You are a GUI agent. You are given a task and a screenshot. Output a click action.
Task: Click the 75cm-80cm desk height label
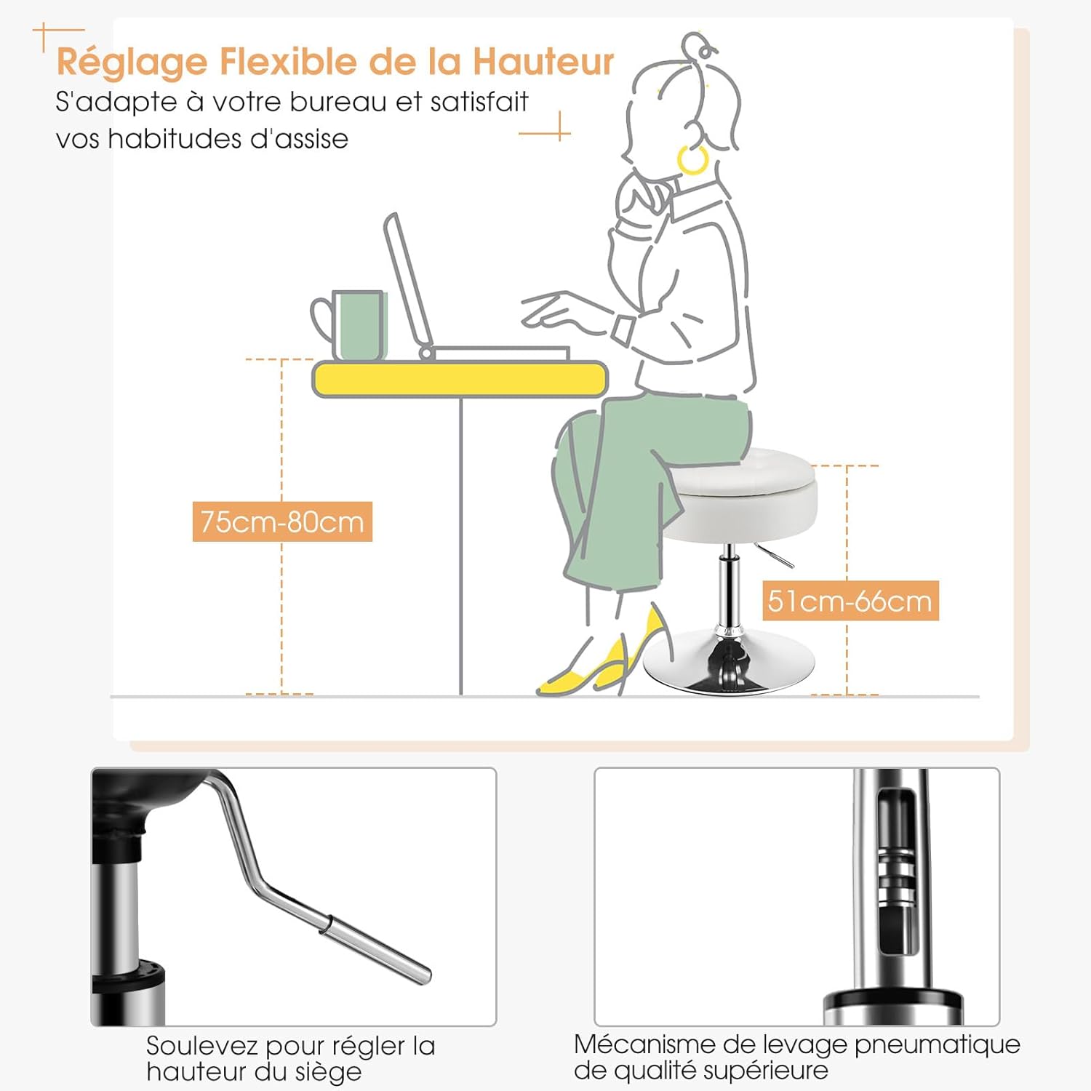(x=282, y=521)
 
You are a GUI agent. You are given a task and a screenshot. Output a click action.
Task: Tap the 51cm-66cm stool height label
(x=850, y=601)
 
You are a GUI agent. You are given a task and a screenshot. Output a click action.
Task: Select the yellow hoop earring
(x=692, y=159)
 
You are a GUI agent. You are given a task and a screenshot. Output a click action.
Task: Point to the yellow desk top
(x=460, y=380)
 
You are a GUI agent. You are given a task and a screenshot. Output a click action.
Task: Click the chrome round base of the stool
(x=728, y=661)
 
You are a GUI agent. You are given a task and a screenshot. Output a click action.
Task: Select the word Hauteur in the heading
(x=543, y=61)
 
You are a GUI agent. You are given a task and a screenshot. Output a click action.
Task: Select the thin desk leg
(x=461, y=546)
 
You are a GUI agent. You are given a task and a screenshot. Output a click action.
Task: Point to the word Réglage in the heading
(x=132, y=63)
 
